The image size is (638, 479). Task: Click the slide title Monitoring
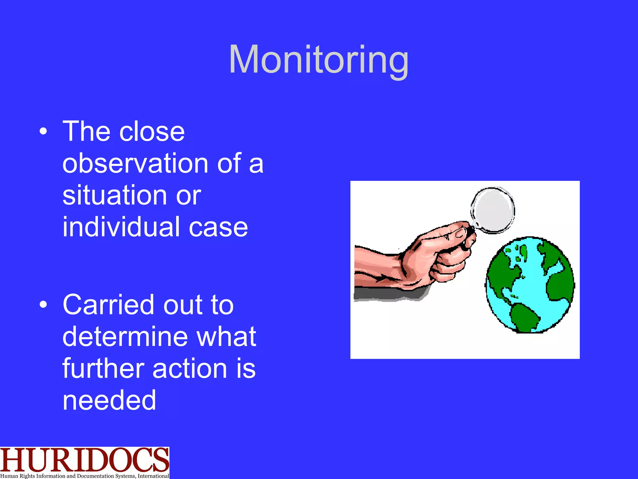click(x=318, y=60)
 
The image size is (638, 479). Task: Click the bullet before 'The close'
click(x=43, y=132)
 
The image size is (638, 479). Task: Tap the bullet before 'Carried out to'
click(x=43, y=305)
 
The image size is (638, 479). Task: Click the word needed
click(x=109, y=400)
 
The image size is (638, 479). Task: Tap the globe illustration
click(x=530, y=284)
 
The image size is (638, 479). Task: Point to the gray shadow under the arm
click(x=389, y=294)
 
